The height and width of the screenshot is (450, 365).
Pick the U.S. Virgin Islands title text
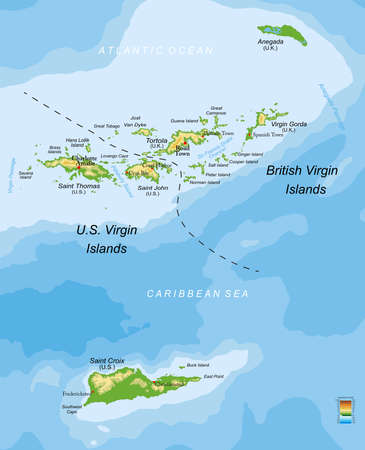point(104,238)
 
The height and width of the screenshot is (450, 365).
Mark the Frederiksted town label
point(75,393)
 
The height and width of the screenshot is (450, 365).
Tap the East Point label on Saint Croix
point(213,377)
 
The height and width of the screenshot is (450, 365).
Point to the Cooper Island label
point(243,162)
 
